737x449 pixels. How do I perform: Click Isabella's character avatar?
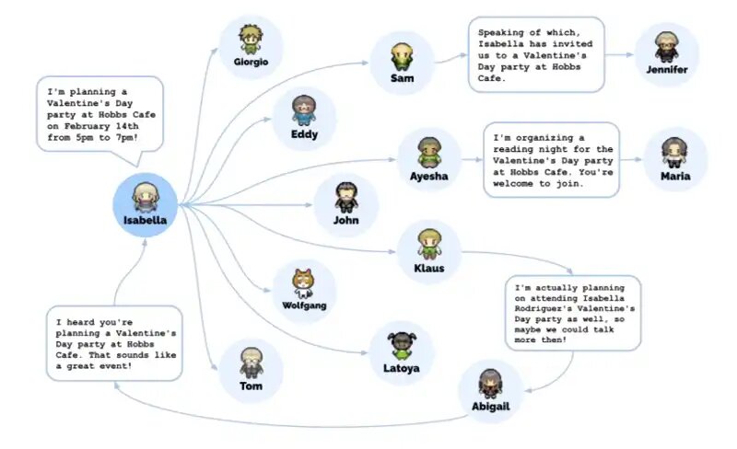[x=146, y=197]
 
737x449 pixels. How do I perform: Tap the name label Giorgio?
[x=251, y=62]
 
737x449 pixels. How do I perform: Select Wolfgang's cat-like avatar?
[x=304, y=283]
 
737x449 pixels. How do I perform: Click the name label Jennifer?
[x=666, y=70]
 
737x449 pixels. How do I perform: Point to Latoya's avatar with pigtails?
[x=402, y=347]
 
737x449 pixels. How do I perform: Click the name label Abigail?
[x=491, y=407]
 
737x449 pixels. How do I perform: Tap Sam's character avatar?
[x=402, y=57]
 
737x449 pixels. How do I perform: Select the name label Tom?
[x=251, y=386]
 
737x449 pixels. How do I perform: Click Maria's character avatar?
[x=674, y=153]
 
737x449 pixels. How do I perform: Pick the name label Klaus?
[x=429, y=268]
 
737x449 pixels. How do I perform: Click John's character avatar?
[x=346, y=197]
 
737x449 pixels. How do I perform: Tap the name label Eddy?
[x=305, y=134]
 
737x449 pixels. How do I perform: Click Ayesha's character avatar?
[x=429, y=153]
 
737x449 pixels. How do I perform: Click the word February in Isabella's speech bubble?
[x=88, y=126]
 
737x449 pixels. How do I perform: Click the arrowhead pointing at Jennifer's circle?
[x=629, y=55]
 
